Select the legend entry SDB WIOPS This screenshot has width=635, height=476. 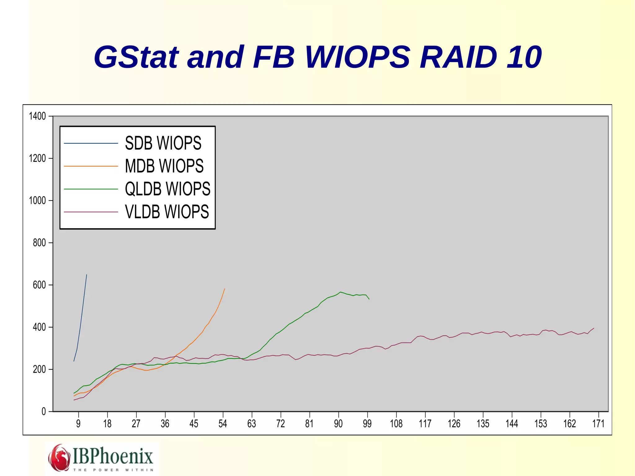163,143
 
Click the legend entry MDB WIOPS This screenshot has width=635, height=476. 164,166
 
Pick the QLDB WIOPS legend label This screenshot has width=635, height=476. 167,189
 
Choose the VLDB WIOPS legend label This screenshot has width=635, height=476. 167,212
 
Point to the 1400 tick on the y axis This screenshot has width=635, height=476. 38,116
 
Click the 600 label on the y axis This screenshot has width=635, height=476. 39,285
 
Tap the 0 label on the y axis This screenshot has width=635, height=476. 44,411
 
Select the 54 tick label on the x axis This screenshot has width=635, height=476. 223,424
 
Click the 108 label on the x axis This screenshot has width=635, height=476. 396,424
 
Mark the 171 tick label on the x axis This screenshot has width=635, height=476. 598,424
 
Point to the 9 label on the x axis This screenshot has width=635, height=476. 78,424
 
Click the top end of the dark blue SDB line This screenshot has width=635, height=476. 87,275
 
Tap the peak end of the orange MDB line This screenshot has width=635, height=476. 224,289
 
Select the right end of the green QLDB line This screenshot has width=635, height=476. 369,299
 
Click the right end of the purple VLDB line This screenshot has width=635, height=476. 594,328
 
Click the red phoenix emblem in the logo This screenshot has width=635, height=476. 59,458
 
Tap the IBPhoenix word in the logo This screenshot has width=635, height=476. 113,456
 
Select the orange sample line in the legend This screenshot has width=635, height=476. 91,166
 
